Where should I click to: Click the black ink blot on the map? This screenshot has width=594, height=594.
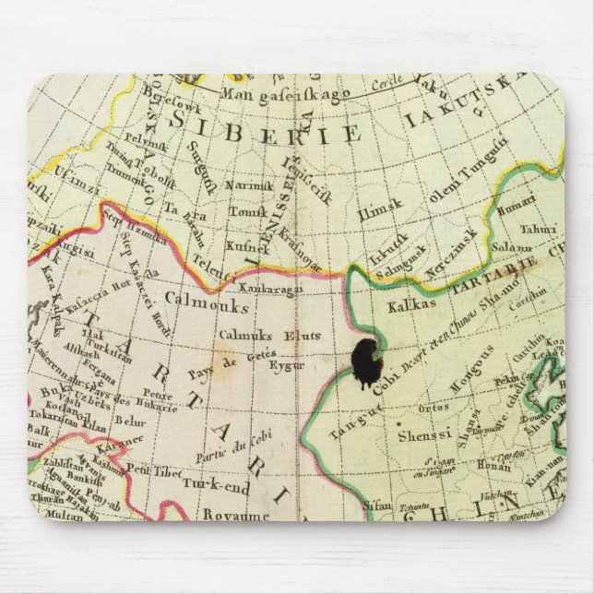pos(367,361)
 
